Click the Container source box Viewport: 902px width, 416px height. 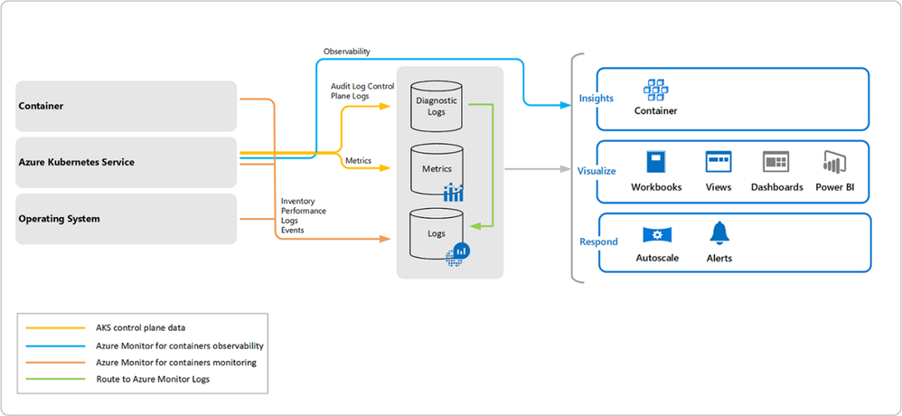click(x=127, y=106)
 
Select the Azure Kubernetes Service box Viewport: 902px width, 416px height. click(x=127, y=162)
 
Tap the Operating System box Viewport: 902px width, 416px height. click(x=127, y=219)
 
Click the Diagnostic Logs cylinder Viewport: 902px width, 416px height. click(x=437, y=104)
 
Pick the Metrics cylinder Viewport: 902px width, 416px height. click(x=437, y=168)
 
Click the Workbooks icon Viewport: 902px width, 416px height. click(x=656, y=162)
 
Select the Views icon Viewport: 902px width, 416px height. click(x=719, y=162)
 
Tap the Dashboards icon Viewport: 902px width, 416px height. click(x=776, y=162)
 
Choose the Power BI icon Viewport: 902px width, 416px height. click(x=834, y=162)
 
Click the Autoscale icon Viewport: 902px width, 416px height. click(x=657, y=235)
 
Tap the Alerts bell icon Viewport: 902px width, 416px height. click(x=719, y=233)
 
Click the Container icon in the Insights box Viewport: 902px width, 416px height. click(x=655, y=90)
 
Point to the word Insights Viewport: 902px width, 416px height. click(x=597, y=98)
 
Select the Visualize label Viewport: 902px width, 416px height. click(x=597, y=170)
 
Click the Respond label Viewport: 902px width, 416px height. click(x=598, y=241)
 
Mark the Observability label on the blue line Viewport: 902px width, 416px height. click(x=346, y=52)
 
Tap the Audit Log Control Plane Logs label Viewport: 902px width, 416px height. click(x=362, y=90)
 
